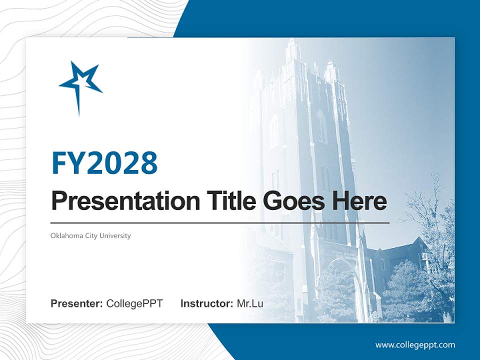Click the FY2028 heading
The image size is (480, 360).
104,162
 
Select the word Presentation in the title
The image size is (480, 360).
118,201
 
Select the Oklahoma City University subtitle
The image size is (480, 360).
90,235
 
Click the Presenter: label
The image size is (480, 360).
77,303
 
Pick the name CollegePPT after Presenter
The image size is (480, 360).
134,303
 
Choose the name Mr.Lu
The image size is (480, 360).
250,303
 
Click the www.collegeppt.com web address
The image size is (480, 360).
415,345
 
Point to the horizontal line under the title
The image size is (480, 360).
220,222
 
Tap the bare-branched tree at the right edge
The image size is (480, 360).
430,210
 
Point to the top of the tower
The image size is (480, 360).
293,47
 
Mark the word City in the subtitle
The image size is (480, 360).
91,235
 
